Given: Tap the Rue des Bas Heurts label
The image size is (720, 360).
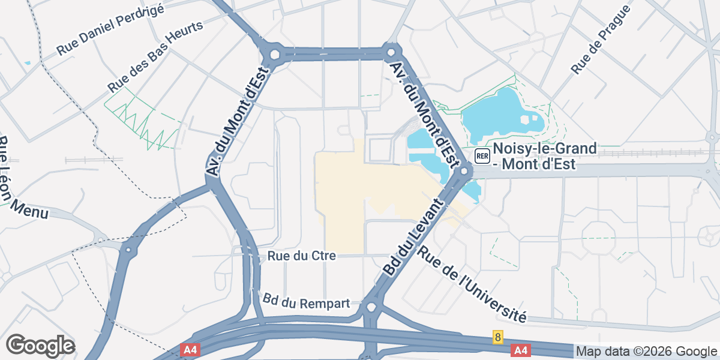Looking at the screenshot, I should [x=155, y=55].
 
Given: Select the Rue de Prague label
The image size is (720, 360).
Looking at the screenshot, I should [x=601, y=40].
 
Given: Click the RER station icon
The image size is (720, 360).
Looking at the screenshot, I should [x=482, y=156].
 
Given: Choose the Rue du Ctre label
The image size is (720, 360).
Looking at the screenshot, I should [x=301, y=256].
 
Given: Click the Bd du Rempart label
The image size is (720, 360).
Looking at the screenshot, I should [x=306, y=301].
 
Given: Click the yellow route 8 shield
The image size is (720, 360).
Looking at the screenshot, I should [x=497, y=337].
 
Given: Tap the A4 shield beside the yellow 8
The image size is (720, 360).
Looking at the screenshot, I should [x=521, y=350].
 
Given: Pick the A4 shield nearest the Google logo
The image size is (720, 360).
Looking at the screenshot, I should [x=190, y=350].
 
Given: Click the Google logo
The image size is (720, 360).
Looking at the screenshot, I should [x=40, y=346].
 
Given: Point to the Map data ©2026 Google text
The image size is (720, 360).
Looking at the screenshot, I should [x=646, y=351].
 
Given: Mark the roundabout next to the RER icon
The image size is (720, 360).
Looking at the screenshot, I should [x=463, y=173].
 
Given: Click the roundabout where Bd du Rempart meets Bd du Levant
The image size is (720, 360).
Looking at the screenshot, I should [x=370, y=308].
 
